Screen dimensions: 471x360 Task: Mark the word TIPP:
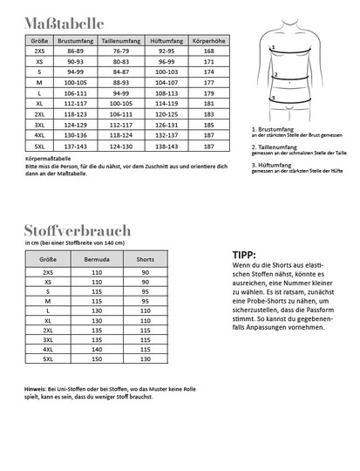(x=246, y=256)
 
